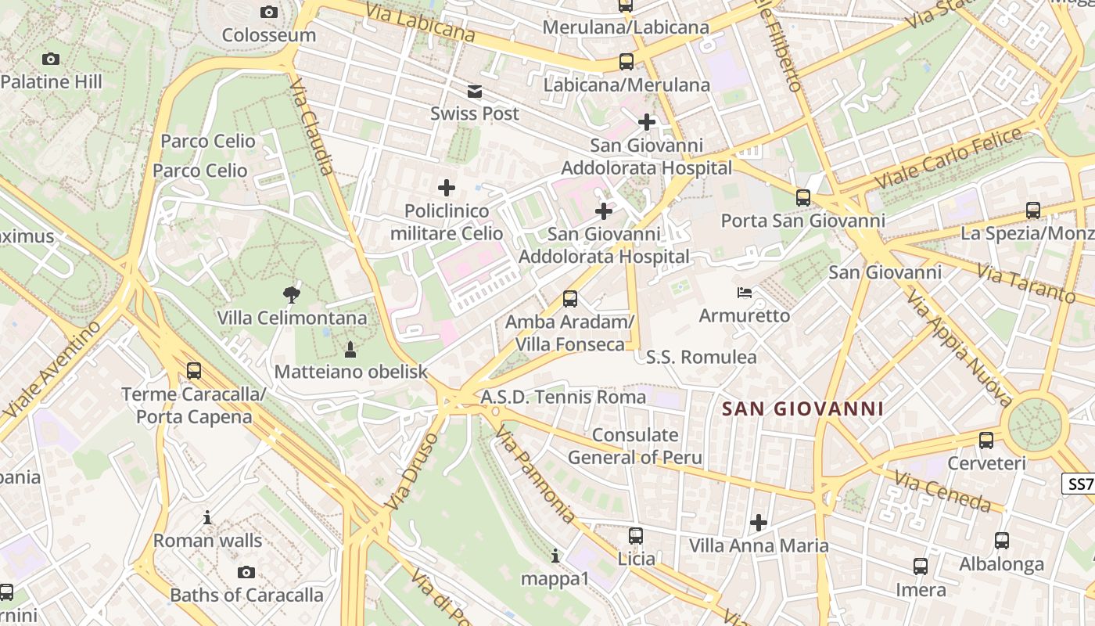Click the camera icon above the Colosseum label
[x=268, y=12]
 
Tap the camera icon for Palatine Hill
[x=51, y=59]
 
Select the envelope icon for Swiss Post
[x=474, y=91]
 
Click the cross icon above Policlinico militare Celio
[x=447, y=188]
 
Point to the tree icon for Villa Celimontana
[x=292, y=295]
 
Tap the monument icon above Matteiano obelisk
[x=350, y=348]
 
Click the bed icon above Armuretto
[x=745, y=293]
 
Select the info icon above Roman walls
[x=207, y=517]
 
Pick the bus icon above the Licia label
[x=636, y=536]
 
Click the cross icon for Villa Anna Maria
[x=758, y=522]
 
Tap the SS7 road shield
[x=1080, y=484]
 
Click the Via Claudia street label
[x=312, y=127]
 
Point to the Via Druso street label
[x=408, y=473]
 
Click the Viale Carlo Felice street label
[x=948, y=158]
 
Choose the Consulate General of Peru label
[x=635, y=446]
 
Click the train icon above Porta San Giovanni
[x=803, y=197]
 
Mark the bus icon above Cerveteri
[x=986, y=440]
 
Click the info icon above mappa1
[x=555, y=556]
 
